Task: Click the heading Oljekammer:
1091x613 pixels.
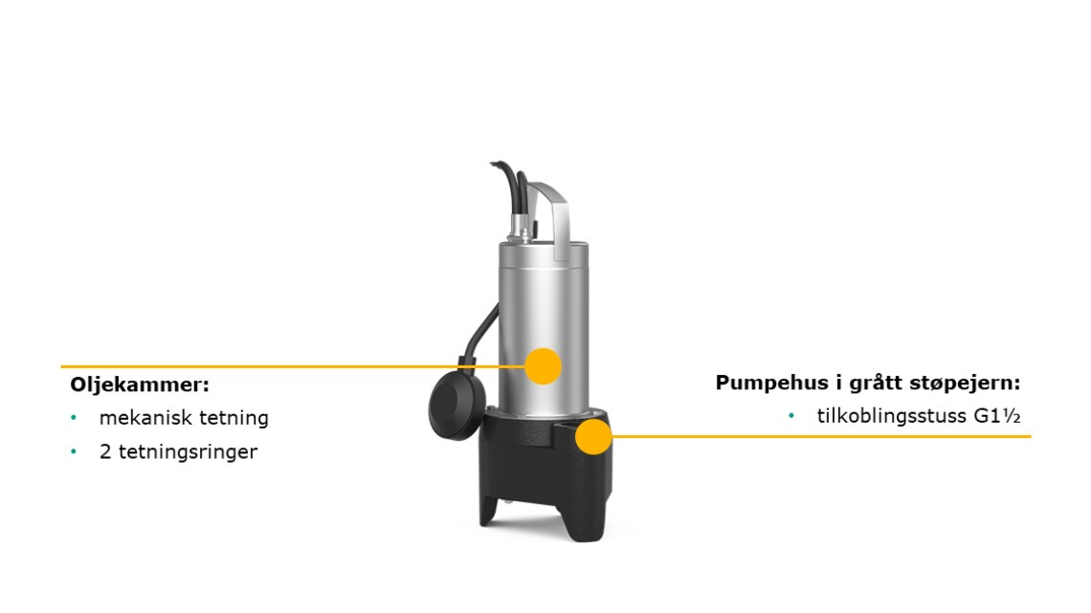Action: [x=140, y=384]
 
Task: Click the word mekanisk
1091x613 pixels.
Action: [x=145, y=418]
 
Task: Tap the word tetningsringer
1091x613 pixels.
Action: [x=188, y=452]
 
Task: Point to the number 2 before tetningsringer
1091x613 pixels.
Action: [x=105, y=451]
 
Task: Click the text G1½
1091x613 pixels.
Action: [x=997, y=416]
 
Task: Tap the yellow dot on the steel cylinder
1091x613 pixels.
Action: [x=543, y=366]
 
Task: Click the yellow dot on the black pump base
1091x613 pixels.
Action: [x=593, y=436]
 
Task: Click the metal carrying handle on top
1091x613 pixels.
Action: [x=554, y=214]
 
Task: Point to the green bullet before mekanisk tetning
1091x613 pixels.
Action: [x=74, y=418]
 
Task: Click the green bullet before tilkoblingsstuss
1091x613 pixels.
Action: [x=791, y=416]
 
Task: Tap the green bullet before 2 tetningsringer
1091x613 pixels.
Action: [x=74, y=451]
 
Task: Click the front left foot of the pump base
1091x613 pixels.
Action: [x=489, y=511]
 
